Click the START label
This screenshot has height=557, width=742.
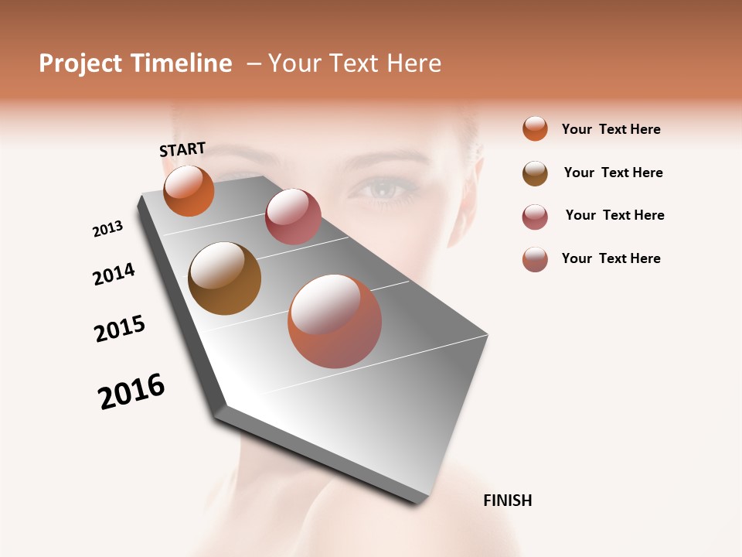coord(182,149)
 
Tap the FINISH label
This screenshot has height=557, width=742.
coord(507,501)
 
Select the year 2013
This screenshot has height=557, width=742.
coord(107,229)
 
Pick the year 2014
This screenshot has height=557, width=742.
coord(114,274)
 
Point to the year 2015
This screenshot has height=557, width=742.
coord(120,329)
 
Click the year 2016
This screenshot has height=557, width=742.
coord(131,391)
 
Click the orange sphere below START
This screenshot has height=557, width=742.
coord(189,191)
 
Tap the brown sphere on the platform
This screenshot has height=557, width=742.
coord(224,278)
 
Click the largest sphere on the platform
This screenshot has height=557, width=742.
coord(335,321)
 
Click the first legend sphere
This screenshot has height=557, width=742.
coord(535,128)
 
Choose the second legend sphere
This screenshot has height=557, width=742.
coord(535,173)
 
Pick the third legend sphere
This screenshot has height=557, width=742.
coord(535,217)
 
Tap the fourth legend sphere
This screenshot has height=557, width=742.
coord(535,259)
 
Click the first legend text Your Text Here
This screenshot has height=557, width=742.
coord(611,129)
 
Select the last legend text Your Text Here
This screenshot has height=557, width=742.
coord(611,258)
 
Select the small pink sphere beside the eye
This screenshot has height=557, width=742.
coord(293,217)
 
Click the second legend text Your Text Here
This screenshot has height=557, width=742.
coord(613,173)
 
